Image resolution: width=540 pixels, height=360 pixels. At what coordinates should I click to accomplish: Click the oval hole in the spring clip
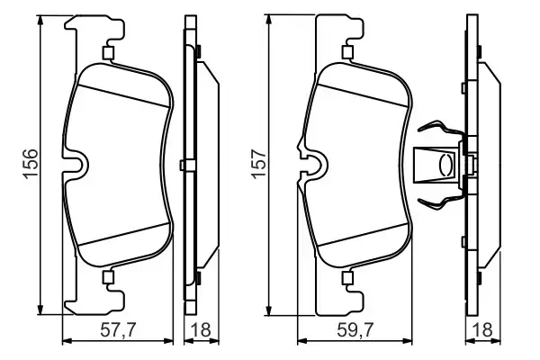pos(443,165)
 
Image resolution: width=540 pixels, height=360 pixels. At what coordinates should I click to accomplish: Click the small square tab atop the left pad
pos(107,52)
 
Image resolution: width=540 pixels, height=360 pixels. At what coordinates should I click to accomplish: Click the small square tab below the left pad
pos(107,276)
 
